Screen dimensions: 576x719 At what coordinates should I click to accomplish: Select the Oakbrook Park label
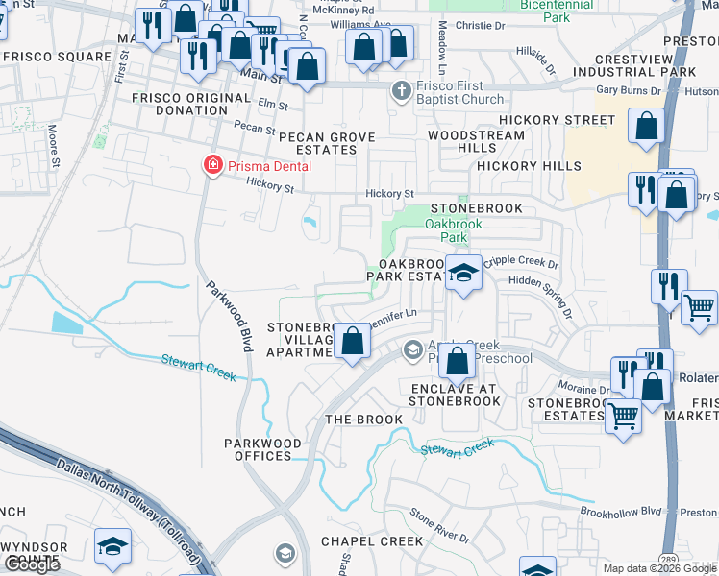tap(446, 230)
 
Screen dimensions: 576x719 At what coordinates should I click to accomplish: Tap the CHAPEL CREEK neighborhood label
tap(372, 541)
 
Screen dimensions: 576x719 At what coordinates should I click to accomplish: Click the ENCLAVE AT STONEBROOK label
tap(456, 395)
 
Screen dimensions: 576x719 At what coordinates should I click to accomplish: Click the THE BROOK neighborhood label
tap(363, 420)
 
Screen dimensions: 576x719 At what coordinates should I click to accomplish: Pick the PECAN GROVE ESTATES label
tap(327, 143)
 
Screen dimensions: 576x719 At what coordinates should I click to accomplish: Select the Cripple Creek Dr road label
tap(520, 262)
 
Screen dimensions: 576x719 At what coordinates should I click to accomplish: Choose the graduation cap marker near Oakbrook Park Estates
tap(463, 274)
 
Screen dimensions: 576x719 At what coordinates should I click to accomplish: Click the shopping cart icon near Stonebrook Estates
tap(624, 417)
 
